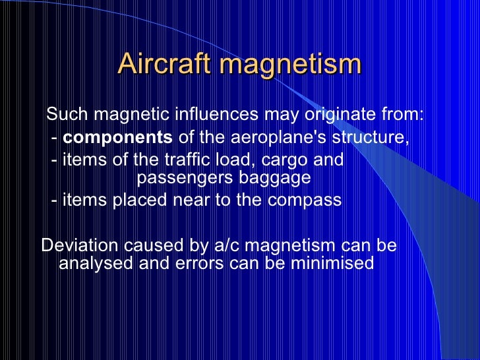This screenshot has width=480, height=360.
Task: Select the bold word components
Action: click(x=119, y=138)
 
